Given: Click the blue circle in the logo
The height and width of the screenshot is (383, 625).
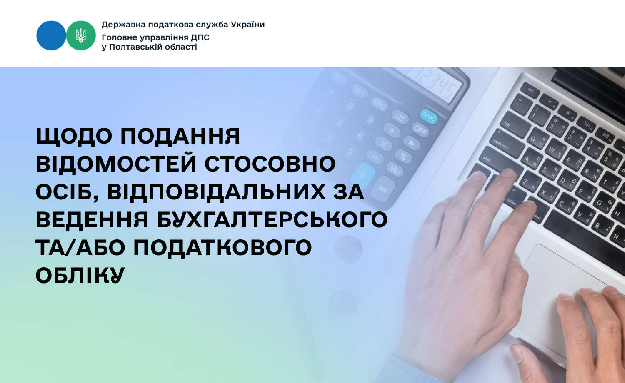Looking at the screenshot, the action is point(51,35).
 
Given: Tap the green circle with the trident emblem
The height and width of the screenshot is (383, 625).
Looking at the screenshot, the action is point(81,35).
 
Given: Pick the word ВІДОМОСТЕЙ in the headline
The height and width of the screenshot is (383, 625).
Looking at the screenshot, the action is point(116,164).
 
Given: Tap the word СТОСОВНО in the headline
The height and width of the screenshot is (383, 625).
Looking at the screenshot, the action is point(270,164).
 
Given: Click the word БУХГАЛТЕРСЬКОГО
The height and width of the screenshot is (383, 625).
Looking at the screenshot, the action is point(272,220).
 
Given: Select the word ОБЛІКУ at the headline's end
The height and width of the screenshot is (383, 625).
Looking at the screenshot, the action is point(80,276).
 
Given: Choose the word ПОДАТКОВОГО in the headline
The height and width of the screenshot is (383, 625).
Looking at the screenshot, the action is point(222,248).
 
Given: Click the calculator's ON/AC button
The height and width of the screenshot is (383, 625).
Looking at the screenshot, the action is point(429,117).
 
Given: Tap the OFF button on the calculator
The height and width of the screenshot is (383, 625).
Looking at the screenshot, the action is point(421,129).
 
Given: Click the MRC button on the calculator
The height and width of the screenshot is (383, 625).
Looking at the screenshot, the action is point(380,104).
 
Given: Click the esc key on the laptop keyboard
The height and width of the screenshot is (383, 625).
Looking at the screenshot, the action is point(530,90).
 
